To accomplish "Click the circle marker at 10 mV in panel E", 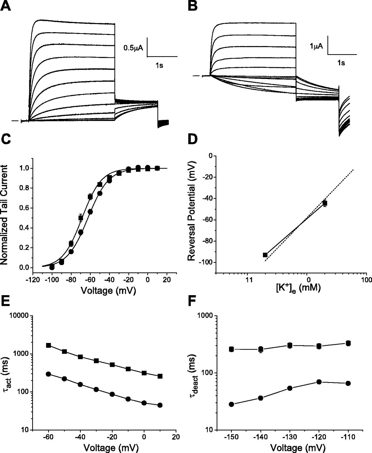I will [160, 405].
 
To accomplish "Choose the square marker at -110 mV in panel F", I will [348, 343].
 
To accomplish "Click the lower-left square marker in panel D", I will [265, 255].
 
